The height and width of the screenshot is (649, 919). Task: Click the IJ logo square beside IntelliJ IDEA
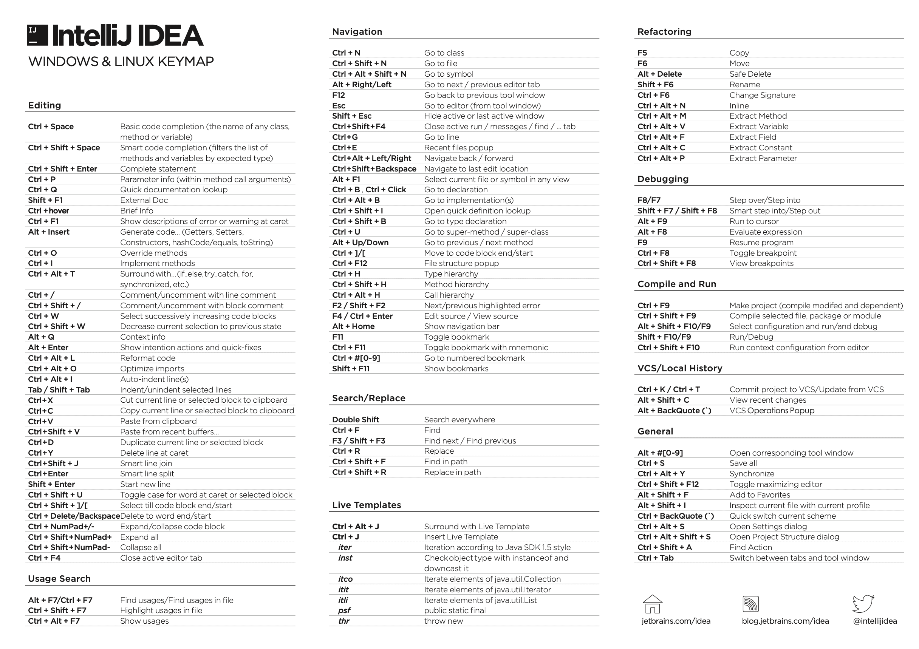tap(38, 35)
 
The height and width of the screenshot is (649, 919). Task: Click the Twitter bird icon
tap(863, 604)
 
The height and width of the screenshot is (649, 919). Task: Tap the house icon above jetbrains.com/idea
tap(653, 604)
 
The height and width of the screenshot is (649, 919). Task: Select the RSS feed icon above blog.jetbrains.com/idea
tap(750, 604)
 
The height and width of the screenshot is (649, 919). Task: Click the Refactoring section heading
tap(664, 32)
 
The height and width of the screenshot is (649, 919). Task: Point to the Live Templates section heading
tap(366, 505)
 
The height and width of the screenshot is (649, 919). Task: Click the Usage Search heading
tap(59, 579)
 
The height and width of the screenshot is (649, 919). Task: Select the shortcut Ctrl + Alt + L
tap(51, 358)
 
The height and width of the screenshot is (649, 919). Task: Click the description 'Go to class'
tap(444, 53)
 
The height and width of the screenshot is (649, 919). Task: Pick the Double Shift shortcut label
tap(356, 420)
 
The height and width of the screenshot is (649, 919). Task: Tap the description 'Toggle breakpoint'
tap(763, 253)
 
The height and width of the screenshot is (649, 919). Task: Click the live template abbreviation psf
tap(344, 610)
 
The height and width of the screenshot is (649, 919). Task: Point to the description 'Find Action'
tap(750, 547)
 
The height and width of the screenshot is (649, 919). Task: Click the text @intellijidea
tap(874, 621)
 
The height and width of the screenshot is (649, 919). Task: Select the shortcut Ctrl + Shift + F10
tap(668, 348)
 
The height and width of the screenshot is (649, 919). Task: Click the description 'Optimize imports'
tap(152, 369)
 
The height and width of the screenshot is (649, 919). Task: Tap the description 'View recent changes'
tap(768, 400)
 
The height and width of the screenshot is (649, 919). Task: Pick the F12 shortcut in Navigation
tap(338, 95)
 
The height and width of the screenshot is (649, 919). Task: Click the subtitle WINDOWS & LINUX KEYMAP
tap(121, 62)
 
